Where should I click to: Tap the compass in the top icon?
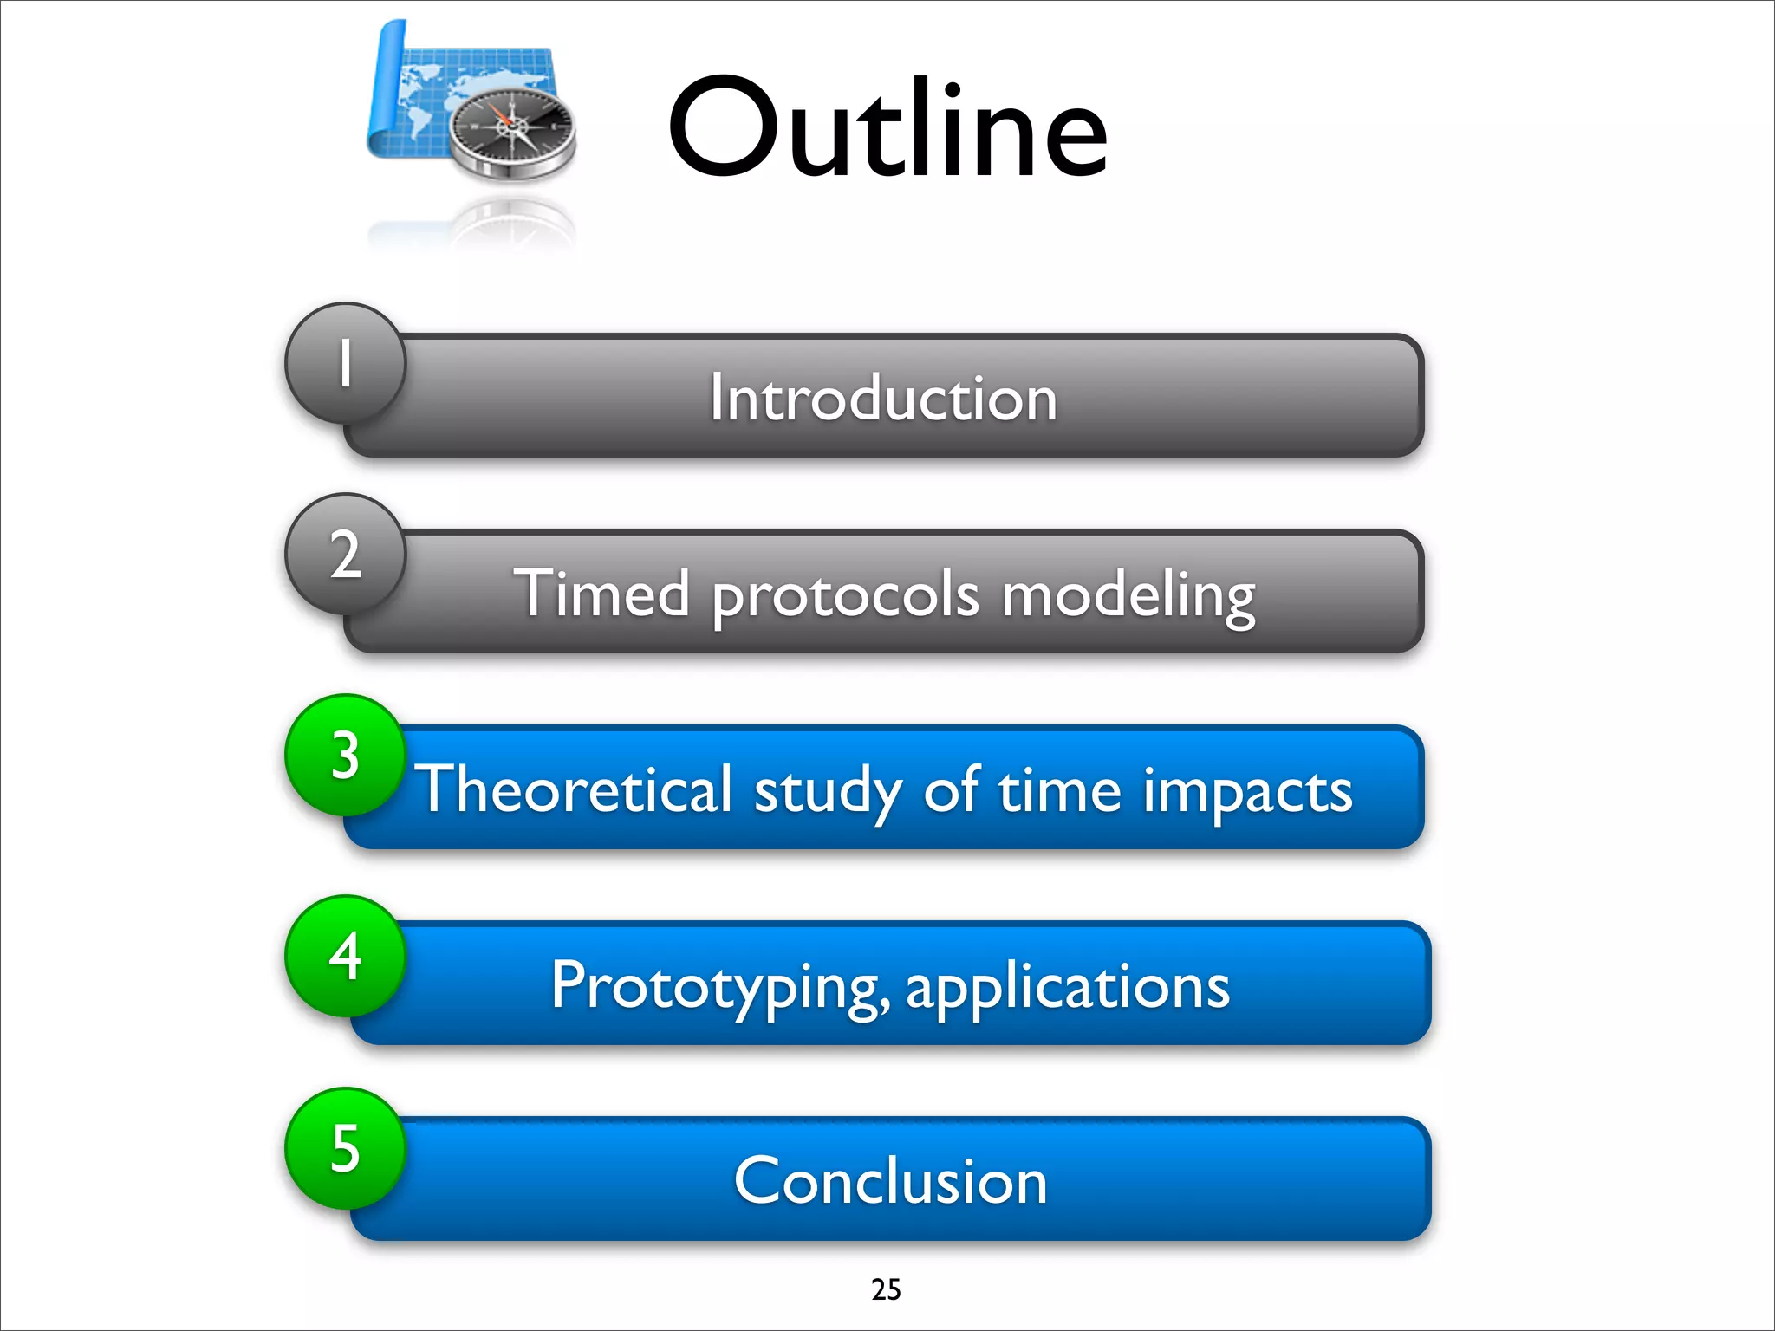(512, 128)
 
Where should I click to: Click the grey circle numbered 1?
(345, 362)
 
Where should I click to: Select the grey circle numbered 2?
(345, 555)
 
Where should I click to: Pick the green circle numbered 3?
(345, 755)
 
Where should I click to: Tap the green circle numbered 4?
(345, 956)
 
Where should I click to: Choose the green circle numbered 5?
(345, 1148)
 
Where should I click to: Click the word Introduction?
(883, 398)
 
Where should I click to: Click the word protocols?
(846, 596)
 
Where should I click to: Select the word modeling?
(1128, 596)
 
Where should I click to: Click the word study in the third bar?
(828, 791)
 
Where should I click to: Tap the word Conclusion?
(890, 1180)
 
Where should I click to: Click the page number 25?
(886, 1289)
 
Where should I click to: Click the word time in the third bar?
(1059, 789)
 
